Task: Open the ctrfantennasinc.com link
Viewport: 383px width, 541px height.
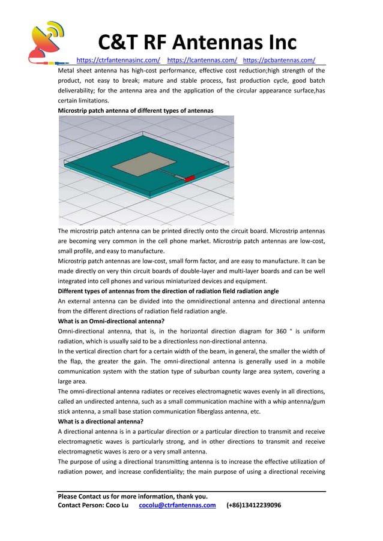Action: coord(118,60)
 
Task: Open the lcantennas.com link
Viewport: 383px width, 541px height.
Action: coord(202,60)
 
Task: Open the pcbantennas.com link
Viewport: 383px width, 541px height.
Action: coord(279,60)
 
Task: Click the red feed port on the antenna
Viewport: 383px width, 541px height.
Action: coord(190,179)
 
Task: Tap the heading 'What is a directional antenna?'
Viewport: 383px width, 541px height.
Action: coord(101,422)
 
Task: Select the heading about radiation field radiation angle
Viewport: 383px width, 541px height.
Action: coord(168,291)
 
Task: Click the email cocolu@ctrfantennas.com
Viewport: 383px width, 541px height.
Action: coord(177,505)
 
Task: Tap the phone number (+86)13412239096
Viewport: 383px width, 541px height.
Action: coord(253,505)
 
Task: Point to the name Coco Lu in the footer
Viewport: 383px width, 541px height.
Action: coord(117,505)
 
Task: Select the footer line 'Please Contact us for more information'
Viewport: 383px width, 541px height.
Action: coord(133,496)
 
